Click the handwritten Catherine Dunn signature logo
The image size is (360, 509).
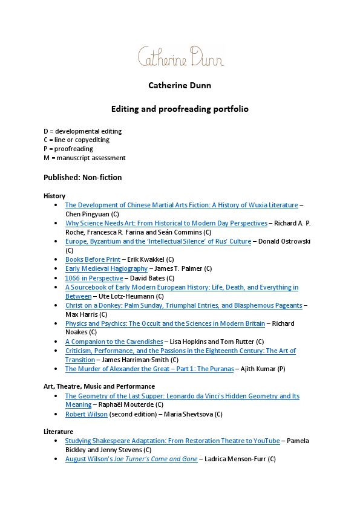[180, 56]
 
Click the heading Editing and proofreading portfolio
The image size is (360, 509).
[180, 109]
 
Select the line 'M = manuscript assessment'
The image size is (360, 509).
[85, 158]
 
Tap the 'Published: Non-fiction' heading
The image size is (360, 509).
[82, 177]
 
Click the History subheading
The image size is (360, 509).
[54, 196]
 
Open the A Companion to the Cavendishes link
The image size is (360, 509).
[114, 342]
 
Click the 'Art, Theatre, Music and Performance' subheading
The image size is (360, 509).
[99, 386]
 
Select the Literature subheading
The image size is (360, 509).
[58, 432]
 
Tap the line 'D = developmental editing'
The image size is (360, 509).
[83, 131]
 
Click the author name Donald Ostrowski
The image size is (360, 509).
[283, 241]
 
